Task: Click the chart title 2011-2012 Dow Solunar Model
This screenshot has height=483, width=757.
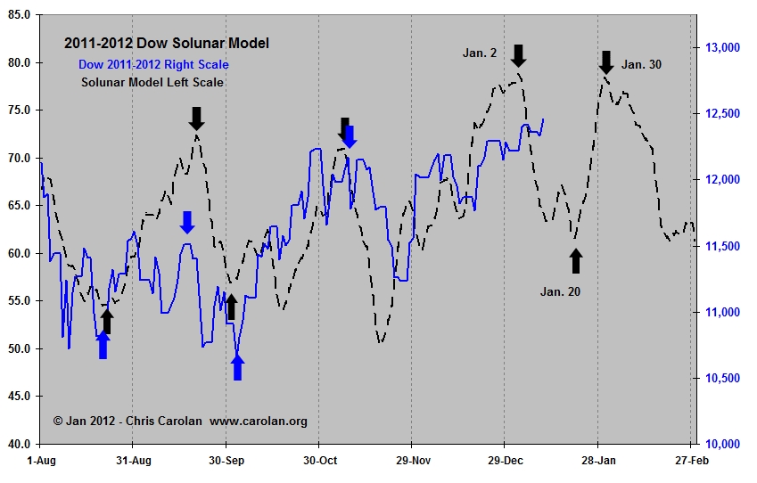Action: coord(166,43)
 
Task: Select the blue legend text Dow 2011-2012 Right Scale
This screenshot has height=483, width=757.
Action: coord(153,64)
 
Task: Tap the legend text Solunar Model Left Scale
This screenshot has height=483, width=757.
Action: coord(152,82)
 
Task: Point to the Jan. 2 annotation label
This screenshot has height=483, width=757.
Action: coord(480,53)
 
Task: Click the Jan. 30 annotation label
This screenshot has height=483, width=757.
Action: coord(642,64)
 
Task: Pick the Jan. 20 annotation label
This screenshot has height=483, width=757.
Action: coord(560,291)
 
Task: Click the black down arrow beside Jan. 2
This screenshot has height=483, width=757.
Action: coord(519,55)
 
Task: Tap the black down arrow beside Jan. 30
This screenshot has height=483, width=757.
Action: coord(606,62)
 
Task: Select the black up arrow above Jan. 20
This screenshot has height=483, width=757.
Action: coord(576,261)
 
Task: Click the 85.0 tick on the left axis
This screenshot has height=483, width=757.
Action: coord(20,16)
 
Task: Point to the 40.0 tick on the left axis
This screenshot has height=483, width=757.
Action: coord(20,444)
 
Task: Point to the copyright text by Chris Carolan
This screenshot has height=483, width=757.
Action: coord(180,421)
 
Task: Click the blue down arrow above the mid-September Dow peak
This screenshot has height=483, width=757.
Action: coord(187,223)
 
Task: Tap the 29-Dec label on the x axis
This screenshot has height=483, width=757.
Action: coord(504,460)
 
